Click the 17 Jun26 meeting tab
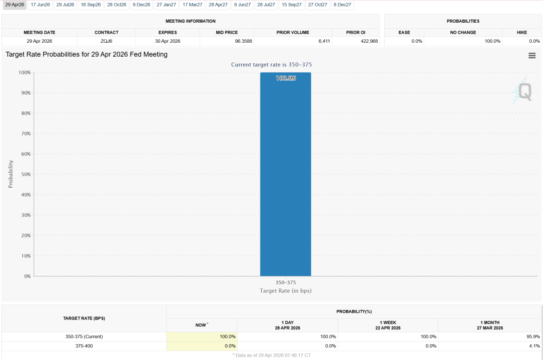click(x=40, y=5)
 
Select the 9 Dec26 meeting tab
click(x=141, y=5)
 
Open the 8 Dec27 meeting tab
click(x=342, y=5)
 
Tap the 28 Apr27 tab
click(x=218, y=5)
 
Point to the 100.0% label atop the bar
click(x=285, y=79)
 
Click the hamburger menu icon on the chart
click(x=532, y=56)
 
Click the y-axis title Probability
click(x=11, y=174)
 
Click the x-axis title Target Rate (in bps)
click(x=285, y=291)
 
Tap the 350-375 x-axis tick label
click(x=285, y=282)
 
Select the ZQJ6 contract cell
click(x=106, y=41)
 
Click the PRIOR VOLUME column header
click(x=292, y=33)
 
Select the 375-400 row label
click(x=84, y=346)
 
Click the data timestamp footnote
click(x=271, y=355)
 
